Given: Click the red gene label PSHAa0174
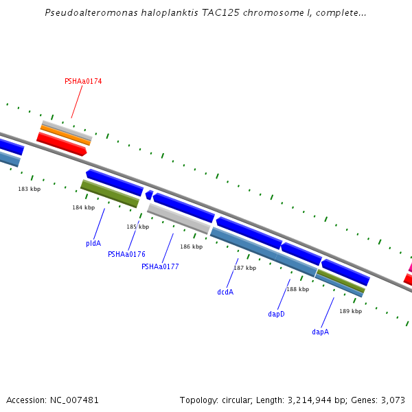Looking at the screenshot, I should (83, 81).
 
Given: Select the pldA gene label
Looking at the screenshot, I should (93, 243).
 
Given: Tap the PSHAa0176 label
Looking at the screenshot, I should (126, 254).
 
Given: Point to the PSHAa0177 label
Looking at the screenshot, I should (160, 266).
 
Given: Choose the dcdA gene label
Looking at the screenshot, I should (225, 292).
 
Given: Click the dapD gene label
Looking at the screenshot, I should (276, 314).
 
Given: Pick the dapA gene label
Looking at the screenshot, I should (320, 332).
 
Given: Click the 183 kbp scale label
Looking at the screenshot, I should (29, 189).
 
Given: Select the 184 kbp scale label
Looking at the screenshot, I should (83, 207).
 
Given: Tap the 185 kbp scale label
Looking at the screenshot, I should (137, 227).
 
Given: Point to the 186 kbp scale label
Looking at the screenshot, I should (191, 247).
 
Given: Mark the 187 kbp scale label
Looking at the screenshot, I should (244, 268).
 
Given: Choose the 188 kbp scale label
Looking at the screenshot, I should (297, 289).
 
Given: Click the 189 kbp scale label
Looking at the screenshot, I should (350, 311).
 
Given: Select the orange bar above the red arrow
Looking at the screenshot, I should (65, 135).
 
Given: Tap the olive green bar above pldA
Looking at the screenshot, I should (110, 194).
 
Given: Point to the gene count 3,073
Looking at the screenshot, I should (391, 400).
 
